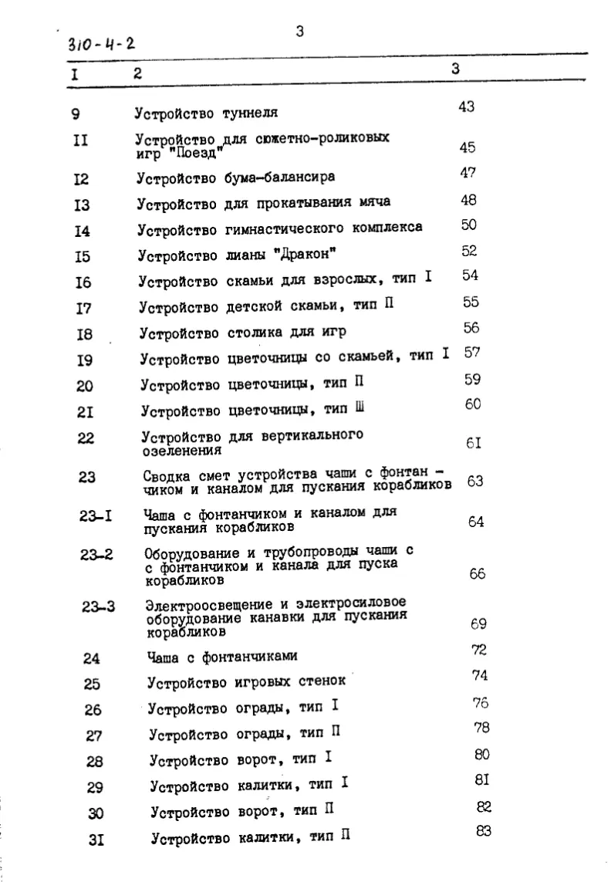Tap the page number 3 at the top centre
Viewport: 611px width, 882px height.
coord(299,32)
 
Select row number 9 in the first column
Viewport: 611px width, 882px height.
coord(75,115)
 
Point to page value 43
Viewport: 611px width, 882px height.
coord(466,106)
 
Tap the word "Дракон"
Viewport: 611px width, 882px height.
coord(309,254)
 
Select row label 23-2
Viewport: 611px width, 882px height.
coord(96,554)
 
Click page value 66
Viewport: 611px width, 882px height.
coord(477,574)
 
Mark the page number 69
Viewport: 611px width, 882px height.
coord(478,623)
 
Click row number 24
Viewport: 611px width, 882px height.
coord(92,658)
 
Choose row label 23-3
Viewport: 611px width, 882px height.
coord(98,606)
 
